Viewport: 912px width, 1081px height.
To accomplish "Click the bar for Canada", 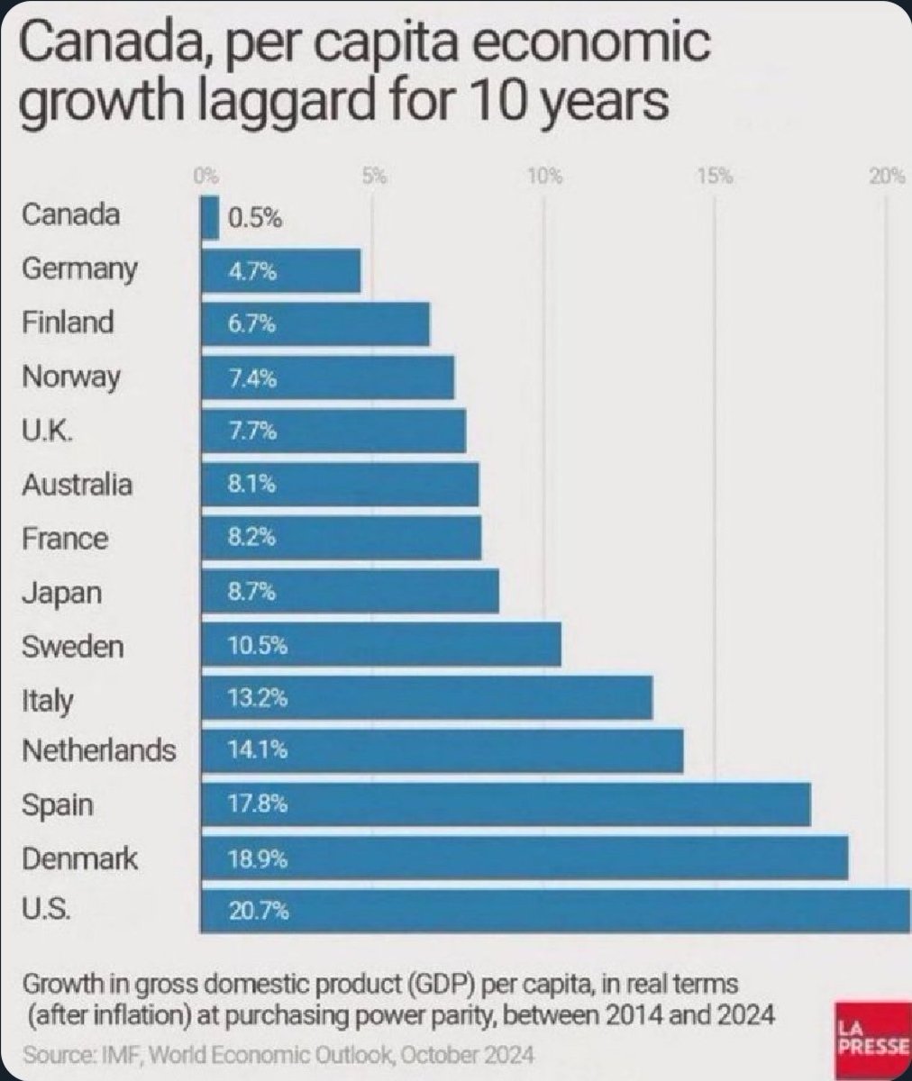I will click(209, 219).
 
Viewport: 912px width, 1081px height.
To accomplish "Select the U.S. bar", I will click(555, 912).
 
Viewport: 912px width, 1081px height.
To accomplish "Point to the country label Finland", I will click(68, 322).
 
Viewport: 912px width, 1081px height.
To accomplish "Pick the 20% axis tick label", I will click(887, 176).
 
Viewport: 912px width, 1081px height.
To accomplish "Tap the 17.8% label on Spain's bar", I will click(258, 804).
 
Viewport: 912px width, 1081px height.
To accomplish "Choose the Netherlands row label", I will click(98, 750).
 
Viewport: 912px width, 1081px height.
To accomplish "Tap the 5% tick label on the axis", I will click(373, 176).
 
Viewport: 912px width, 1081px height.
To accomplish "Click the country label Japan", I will click(61, 593).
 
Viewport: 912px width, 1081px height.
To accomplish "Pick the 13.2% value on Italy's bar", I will click(258, 698).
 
